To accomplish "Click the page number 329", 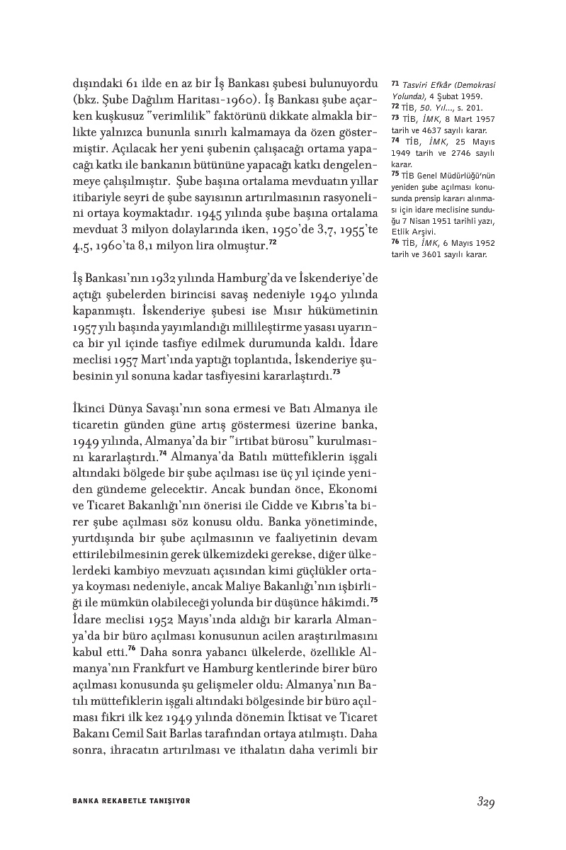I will click(x=485, y=802).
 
